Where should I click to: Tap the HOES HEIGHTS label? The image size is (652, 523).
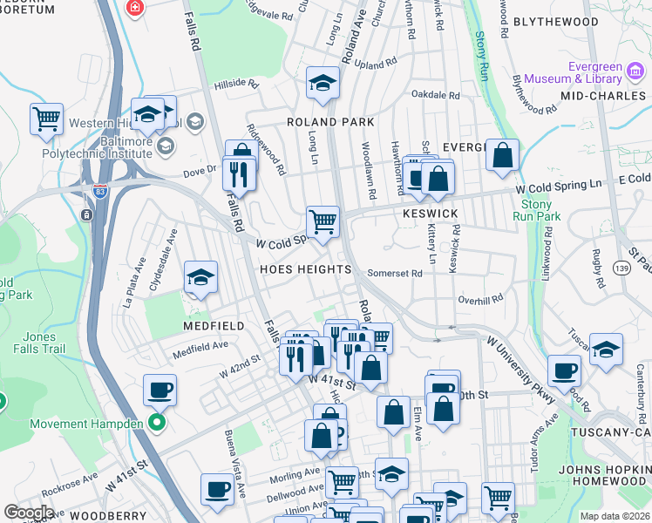click(305, 269)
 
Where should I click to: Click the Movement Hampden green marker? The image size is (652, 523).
click(156, 424)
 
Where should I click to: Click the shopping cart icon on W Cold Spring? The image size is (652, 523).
click(323, 221)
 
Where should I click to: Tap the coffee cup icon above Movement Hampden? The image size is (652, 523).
click(160, 390)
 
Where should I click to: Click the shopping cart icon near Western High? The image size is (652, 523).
click(46, 118)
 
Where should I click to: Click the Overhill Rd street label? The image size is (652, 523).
click(480, 299)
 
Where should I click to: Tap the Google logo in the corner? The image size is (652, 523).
click(29, 512)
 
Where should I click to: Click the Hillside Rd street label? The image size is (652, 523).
click(237, 85)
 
